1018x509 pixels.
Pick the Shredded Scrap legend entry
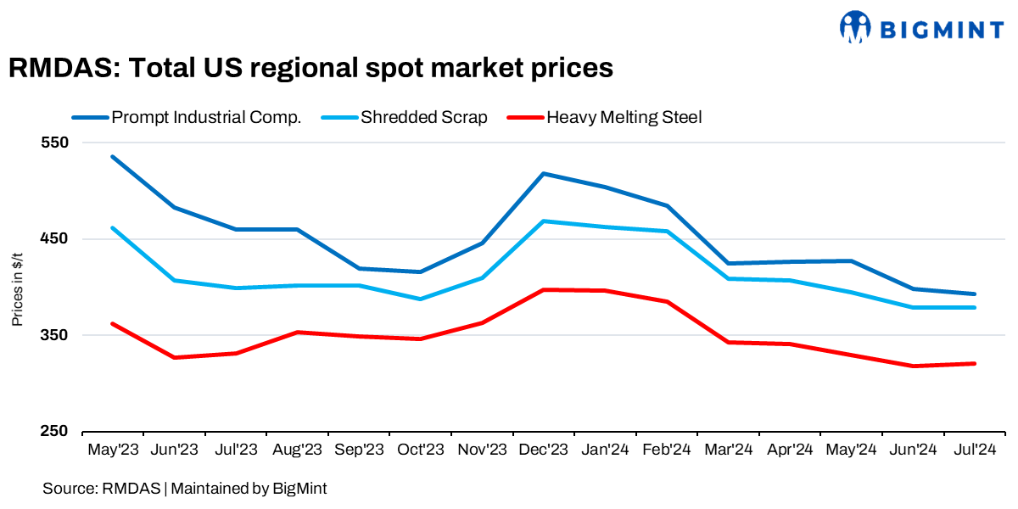407,117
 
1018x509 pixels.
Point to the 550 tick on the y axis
55,142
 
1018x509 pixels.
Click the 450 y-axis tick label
55,238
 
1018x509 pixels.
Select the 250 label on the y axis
55,431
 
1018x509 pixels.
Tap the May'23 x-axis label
113,450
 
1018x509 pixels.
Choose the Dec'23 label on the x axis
543,450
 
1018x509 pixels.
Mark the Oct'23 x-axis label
420,450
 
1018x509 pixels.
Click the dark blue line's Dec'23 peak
543,174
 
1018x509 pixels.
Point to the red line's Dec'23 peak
543,290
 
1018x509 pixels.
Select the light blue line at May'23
113,228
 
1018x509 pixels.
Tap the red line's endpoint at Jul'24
974,364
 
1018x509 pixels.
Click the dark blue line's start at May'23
113,157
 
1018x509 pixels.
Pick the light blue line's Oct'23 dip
420,299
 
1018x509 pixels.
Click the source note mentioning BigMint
184,488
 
